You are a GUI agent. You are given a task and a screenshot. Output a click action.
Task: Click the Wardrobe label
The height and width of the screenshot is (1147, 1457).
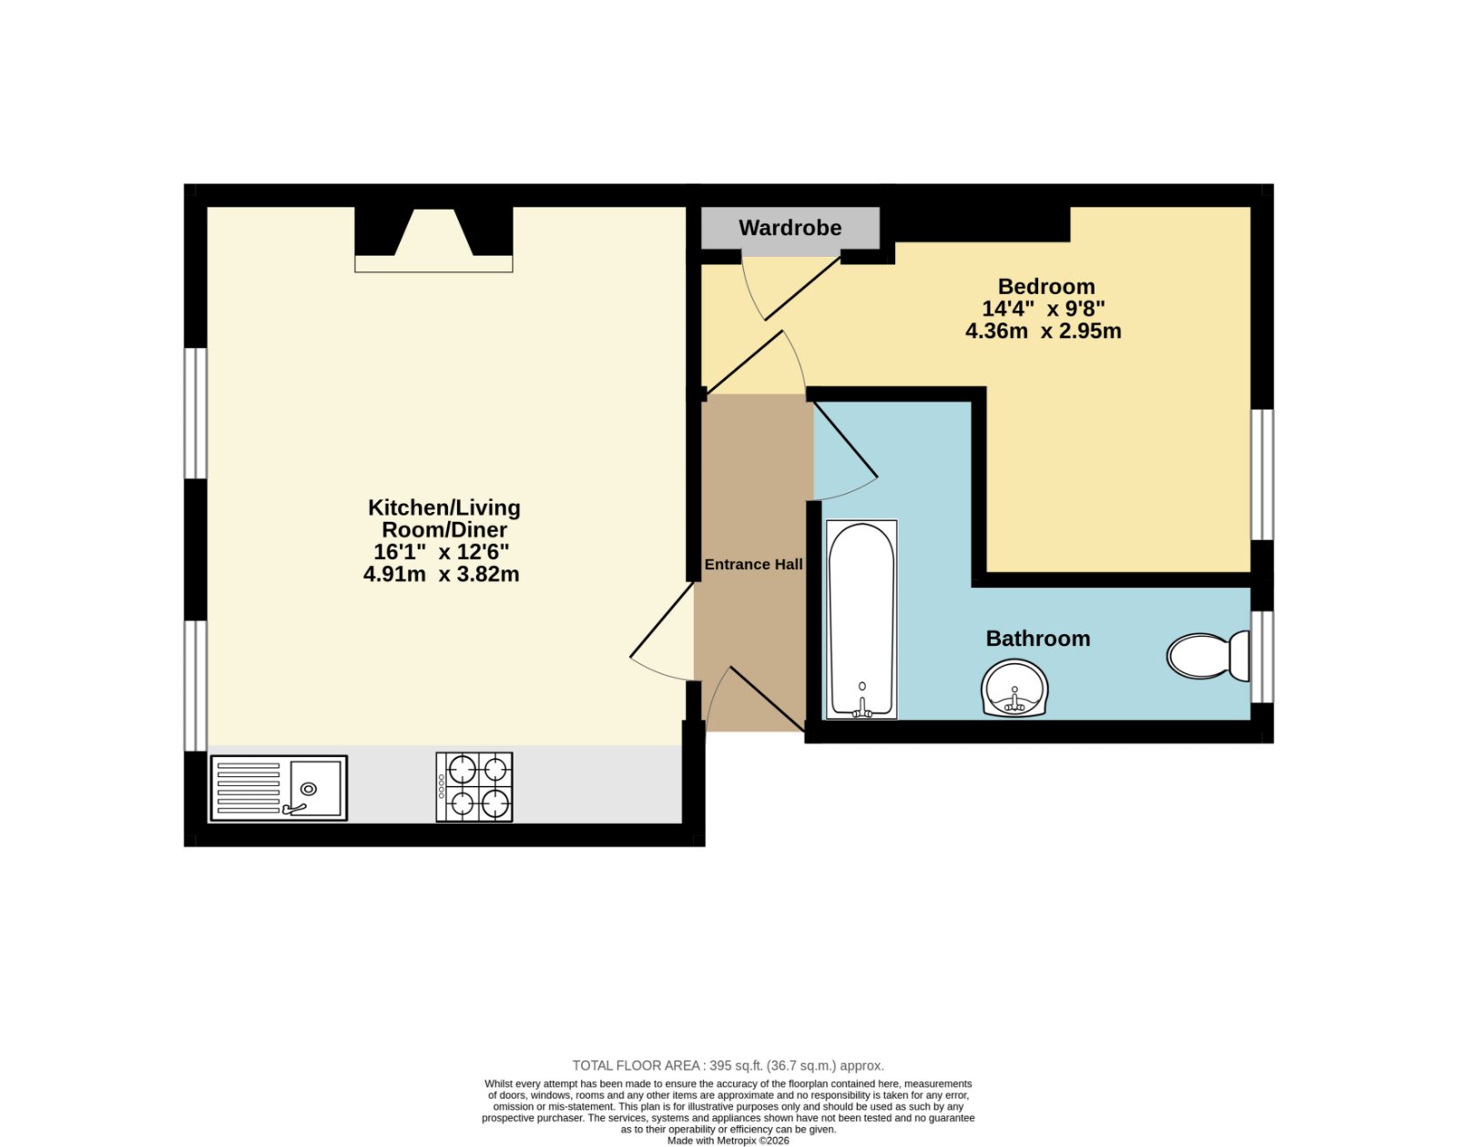click(x=790, y=228)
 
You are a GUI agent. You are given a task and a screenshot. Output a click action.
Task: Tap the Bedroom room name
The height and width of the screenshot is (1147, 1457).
click(x=1046, y=287)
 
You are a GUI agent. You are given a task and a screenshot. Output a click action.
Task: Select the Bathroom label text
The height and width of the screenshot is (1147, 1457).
click(x=1038, y=639)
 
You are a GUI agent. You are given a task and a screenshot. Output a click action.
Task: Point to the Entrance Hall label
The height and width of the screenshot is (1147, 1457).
click(x=754, y=564)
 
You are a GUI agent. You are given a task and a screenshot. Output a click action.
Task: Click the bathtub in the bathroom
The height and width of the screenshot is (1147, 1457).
click(x=861, y=620)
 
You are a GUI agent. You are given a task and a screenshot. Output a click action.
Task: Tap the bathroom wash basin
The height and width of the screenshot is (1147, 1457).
click(x=1014, y=688)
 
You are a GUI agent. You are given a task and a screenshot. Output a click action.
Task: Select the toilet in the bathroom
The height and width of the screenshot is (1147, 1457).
click(x=1207, y=656)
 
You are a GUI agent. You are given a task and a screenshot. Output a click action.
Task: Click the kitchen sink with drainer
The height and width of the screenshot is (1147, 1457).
click(x=279, y=788)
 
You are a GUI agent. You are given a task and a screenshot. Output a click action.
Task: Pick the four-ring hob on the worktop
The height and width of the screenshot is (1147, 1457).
click(x=474, y=786)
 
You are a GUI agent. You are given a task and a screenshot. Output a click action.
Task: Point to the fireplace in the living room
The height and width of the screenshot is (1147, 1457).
click(x=434, y=240)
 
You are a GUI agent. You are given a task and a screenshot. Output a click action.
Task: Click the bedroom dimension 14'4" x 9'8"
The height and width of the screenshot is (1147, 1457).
click(x=1044, y=309)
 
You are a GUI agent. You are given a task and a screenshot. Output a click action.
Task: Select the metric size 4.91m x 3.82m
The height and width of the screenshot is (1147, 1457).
click(x=442, y=575)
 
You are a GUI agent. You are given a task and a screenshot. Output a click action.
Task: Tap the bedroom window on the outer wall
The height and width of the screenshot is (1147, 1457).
click(x=1262, y=475)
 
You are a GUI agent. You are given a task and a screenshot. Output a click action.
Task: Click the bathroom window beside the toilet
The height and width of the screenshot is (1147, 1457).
click(x=1262, y=657)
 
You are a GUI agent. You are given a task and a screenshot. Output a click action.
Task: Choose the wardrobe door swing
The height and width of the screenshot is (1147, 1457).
click(x=791, y=287)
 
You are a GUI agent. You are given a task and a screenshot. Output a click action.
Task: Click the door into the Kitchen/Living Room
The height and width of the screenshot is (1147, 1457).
click(x=662, y=631)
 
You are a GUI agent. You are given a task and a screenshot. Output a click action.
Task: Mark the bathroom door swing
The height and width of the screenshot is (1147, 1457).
click(x=843, y=451)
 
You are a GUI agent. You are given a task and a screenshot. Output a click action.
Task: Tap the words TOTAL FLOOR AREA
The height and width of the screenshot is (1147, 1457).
click(x=636, y=1066)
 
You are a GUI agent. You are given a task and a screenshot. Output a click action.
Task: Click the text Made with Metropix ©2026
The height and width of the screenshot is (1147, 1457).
click(x=728, y=1141)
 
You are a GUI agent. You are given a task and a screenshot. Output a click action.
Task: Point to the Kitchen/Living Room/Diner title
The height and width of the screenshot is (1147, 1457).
click(x=444, y=518)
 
